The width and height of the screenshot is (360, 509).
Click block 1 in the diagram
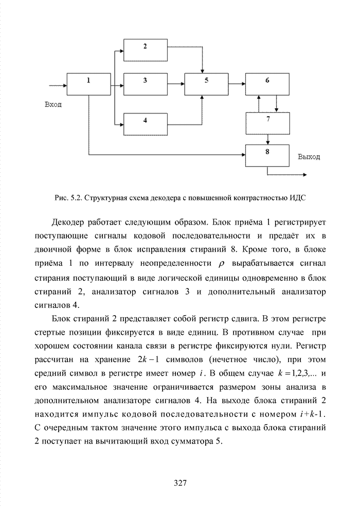(x=88, y=84)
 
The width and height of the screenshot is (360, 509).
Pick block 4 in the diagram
(x=146, y=123)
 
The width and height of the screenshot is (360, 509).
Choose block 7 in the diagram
(x=267, y=122)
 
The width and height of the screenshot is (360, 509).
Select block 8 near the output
(x=267, y=154)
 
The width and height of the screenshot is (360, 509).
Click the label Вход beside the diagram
(x=53, y=105)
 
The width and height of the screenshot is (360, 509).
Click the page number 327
(x=179, y=482)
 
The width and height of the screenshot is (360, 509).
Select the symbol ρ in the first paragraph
(x=222, y=264)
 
